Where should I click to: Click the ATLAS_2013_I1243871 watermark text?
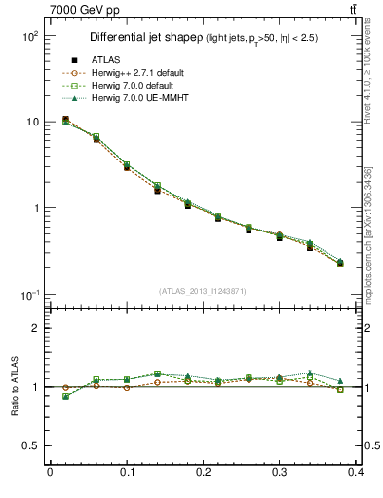203,291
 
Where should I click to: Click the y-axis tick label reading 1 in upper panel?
34,208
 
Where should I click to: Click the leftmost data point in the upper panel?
65,120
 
